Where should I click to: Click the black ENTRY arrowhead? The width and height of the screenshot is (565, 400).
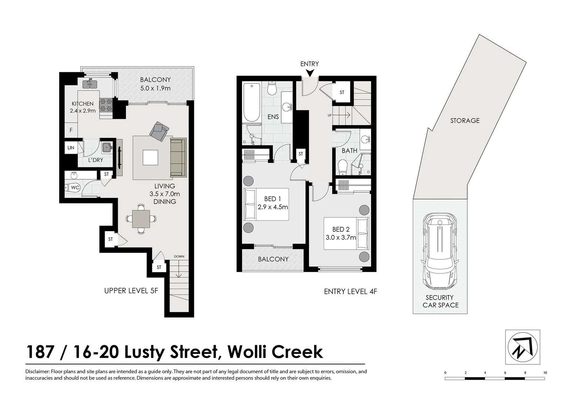(x=310, y=73)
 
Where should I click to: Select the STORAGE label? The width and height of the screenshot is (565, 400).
(x=465, y=121)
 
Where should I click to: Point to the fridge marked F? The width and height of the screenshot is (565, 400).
(x=71, y=130)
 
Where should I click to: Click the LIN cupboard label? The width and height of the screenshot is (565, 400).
(x=71, y=148)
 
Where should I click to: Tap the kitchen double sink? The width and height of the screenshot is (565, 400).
(x=90, y=84)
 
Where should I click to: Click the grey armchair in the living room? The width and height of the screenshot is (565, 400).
(x=159, y=131)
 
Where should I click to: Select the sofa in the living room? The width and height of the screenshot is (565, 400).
(x=178, y=157)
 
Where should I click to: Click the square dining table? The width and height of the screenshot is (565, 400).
(x=141, y=219)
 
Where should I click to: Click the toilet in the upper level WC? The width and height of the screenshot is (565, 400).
(x=71, y=188)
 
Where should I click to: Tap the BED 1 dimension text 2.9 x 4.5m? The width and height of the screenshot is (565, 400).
(x=273, y=207)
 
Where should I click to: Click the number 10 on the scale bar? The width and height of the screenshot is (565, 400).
(x=545, y=373)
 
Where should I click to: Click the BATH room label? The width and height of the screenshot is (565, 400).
(x=349, y=151)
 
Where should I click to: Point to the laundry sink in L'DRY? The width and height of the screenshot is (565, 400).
(x=107, y=147)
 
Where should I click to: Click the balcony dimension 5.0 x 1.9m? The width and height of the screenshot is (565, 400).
(x=155, y=89)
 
